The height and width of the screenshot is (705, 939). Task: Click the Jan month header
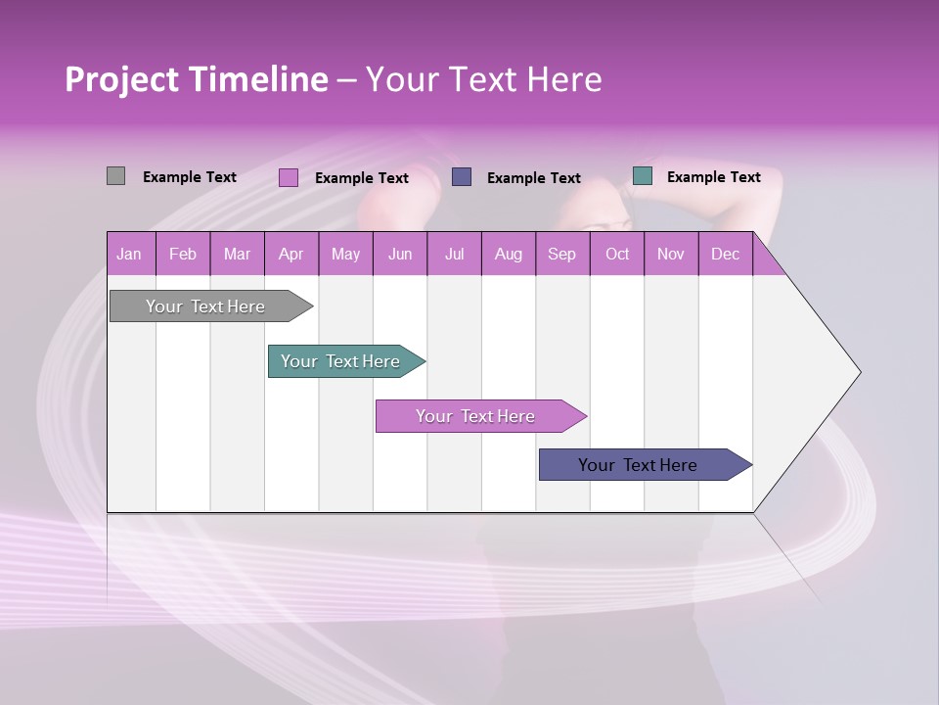point(130,255)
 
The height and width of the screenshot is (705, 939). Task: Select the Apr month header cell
point(291,255)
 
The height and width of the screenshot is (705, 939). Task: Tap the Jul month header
point(454,255)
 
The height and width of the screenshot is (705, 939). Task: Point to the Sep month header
point(562,255)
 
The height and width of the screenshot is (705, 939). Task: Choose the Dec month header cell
point(725,255)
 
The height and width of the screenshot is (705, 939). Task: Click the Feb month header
point(183,255)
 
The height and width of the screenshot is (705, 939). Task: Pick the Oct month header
point(617,255)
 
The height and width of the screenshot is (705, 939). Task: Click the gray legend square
point(115,176)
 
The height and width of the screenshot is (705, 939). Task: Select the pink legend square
point(288,177)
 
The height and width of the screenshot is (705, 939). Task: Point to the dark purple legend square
point(462,176)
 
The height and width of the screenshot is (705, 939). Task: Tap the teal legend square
point(642,176)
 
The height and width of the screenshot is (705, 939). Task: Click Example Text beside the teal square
point(713,177)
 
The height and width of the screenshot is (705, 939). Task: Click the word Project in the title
point(121,80)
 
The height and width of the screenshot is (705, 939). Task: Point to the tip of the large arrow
point(859,372)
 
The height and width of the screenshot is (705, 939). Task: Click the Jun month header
point(400,255)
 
